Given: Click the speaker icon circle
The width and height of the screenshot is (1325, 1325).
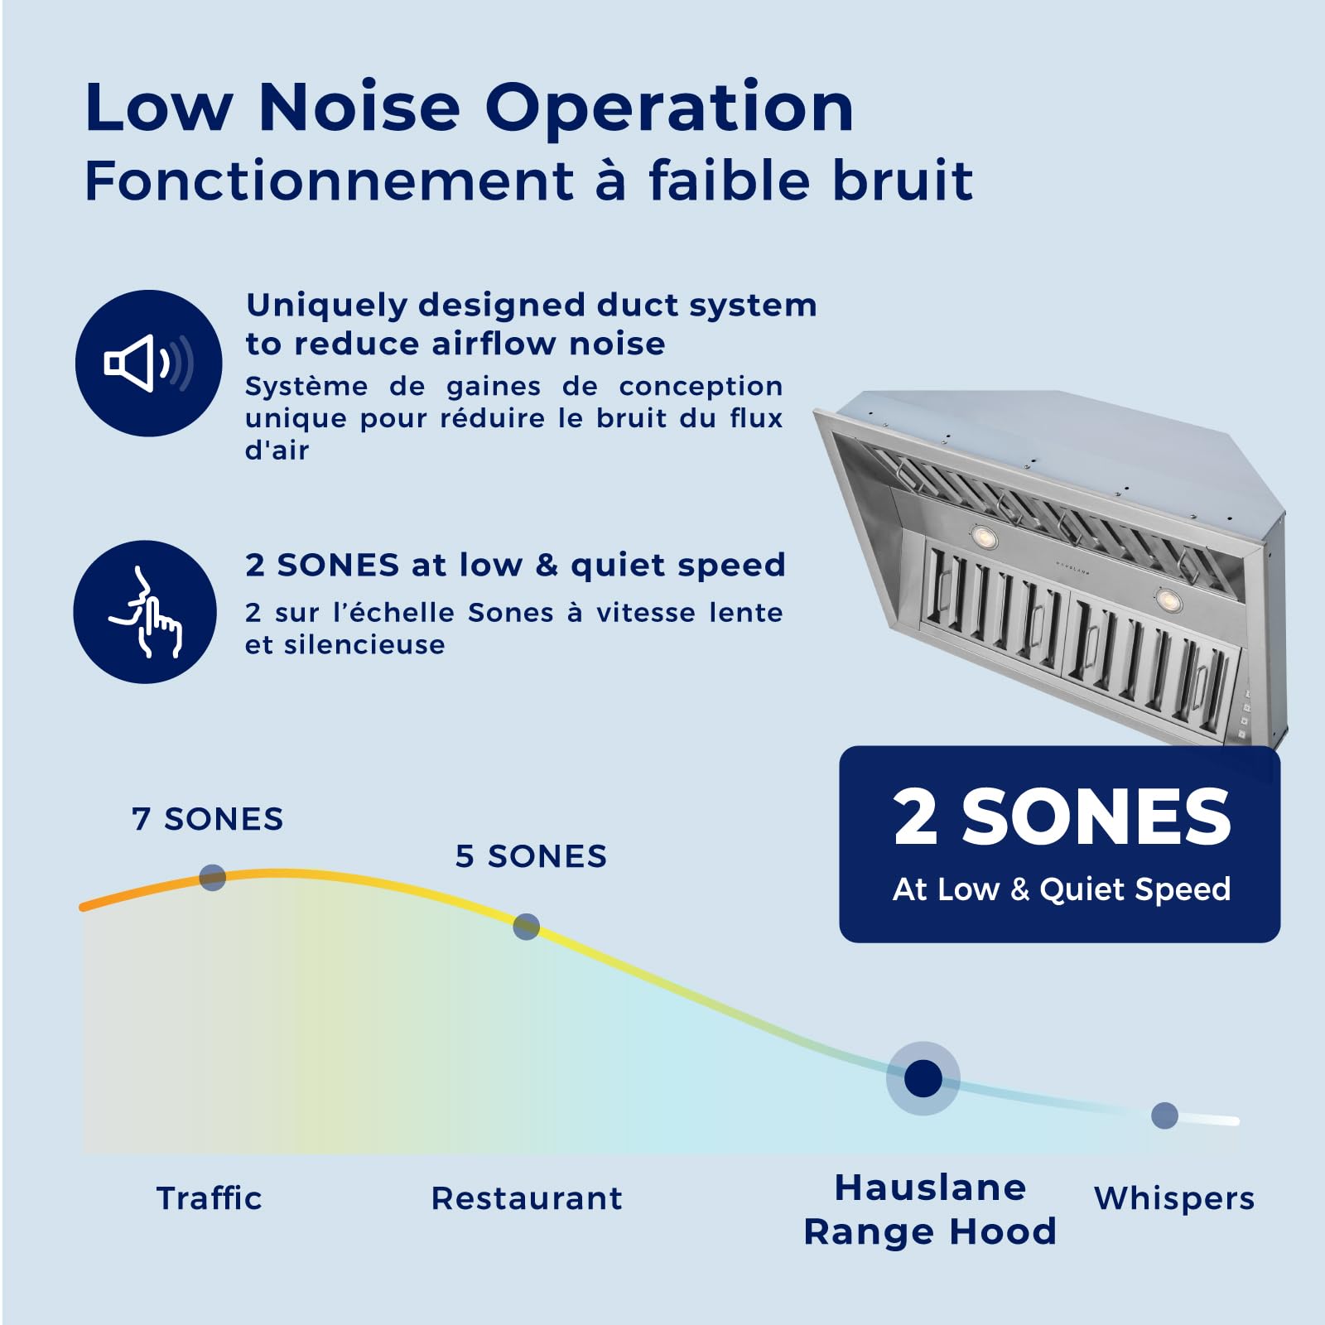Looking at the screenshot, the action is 149,363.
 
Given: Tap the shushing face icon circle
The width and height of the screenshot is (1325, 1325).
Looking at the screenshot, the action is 145,612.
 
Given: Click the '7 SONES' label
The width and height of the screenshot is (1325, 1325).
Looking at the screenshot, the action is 207,819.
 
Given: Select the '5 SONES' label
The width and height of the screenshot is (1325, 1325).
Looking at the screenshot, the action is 531,856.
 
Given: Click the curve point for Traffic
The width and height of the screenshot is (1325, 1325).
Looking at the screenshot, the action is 213,877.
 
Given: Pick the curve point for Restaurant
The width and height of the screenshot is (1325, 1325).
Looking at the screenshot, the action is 526,927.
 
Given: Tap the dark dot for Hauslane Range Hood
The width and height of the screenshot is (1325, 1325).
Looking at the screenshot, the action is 923,1078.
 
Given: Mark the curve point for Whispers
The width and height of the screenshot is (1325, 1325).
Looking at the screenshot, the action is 1164,1115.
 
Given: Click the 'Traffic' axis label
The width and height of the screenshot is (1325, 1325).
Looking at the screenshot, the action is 210,1198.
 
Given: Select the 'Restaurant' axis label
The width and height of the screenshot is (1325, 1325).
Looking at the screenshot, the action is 527,1198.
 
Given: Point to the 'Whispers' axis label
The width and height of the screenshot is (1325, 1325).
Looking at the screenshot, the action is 1174,1198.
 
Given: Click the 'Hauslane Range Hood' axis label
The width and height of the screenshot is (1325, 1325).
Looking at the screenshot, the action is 930,1210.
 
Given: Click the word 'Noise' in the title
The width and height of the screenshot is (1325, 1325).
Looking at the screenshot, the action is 359,108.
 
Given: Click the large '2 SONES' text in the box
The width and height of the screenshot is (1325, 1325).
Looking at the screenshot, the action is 1062,817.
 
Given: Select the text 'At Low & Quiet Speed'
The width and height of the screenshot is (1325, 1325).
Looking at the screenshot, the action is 1062,889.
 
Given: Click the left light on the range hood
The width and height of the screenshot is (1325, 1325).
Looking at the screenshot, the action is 984,538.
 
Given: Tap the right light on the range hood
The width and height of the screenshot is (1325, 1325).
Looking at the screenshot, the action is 1168,598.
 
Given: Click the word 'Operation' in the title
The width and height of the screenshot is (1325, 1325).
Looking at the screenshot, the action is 668,108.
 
